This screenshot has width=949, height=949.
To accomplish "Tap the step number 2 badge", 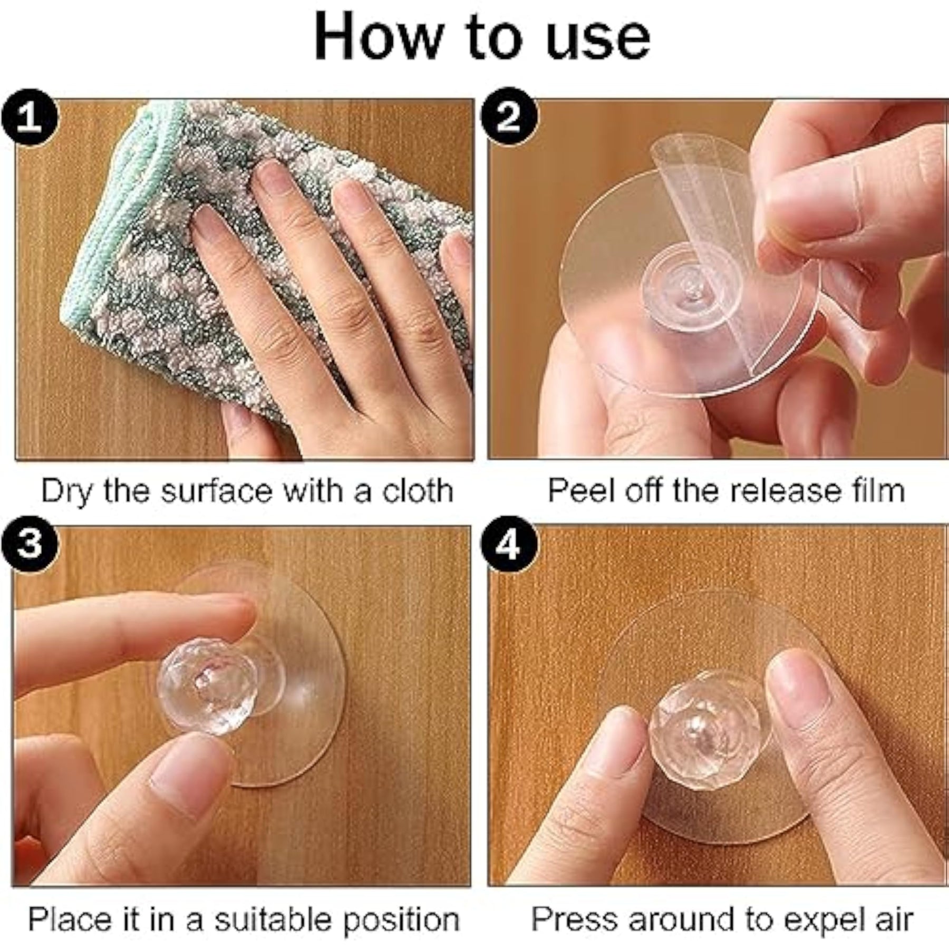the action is point(509,117).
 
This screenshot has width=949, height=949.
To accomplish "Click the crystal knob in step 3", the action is point(200,686).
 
